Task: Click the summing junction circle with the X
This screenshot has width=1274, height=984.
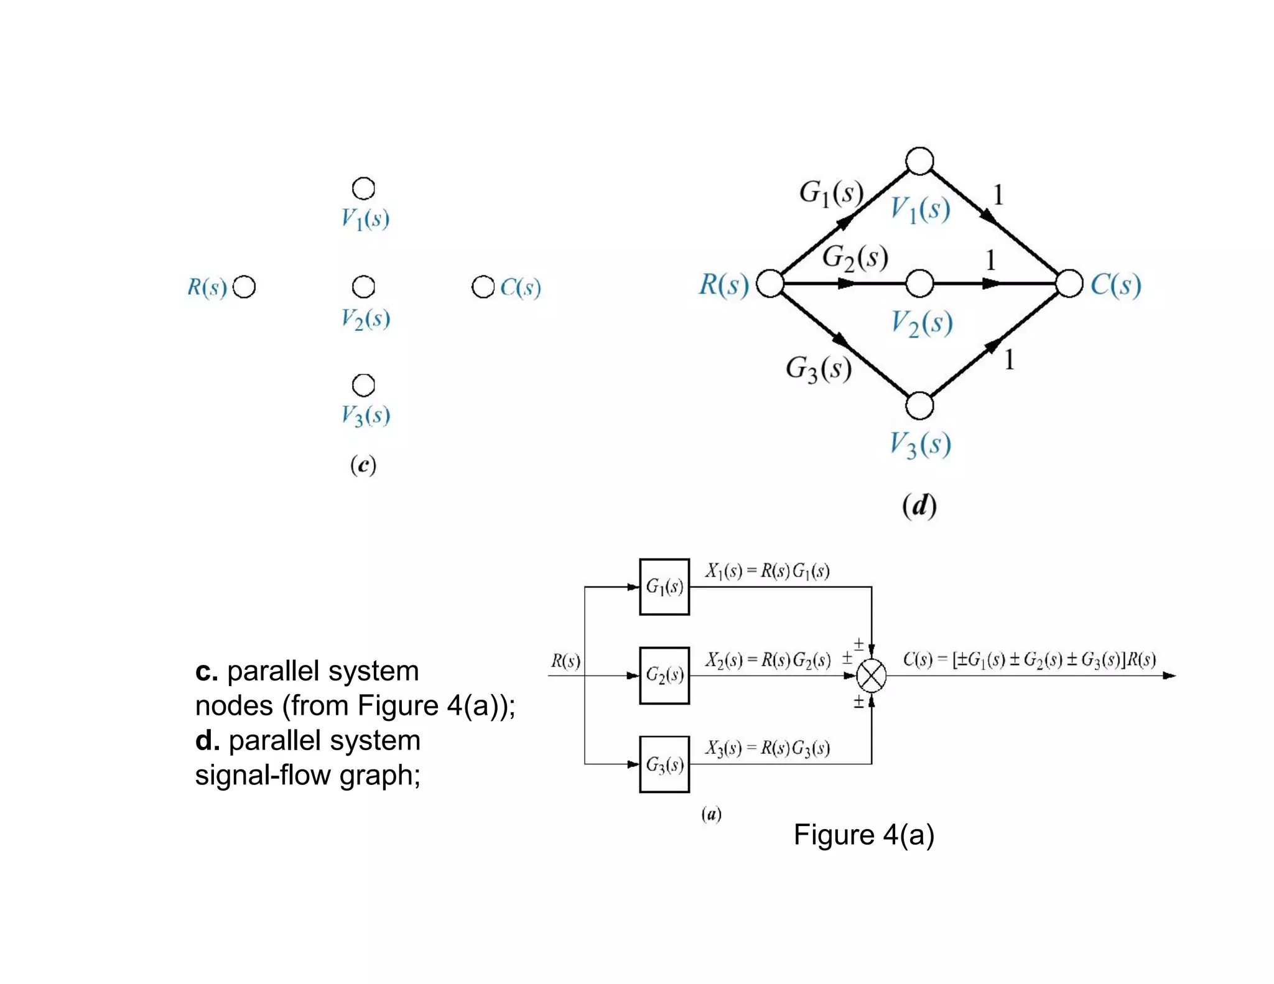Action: coord(871,675)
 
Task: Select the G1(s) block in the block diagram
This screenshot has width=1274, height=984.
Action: coord(664,587)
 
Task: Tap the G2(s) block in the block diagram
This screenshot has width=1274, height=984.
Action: coord(664,675)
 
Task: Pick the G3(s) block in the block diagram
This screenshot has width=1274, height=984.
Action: coord(664,764)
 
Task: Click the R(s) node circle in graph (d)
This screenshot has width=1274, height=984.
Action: coord(770,284)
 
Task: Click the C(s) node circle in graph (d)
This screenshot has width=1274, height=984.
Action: coord(1069,284)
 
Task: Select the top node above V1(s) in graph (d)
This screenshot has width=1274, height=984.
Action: coord(919,161)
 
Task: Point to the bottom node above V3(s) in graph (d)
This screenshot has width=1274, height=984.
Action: coord(919,406)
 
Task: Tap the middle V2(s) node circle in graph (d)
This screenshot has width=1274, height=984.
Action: coord(919,284)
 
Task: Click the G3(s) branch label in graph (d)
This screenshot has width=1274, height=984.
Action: coord(819,369)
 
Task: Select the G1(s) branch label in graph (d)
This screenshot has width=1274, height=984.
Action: coord(832,193)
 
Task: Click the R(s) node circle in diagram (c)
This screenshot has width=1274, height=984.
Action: coord(244,287)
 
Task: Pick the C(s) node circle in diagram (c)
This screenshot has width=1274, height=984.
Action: coord(483,287)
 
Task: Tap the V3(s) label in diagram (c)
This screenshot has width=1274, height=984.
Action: coord(365,415)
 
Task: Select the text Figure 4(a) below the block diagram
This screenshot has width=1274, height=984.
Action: coord(863,835)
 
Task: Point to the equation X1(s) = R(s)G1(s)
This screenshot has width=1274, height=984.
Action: coord(767,571)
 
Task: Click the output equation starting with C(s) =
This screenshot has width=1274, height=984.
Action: coord(1029,659)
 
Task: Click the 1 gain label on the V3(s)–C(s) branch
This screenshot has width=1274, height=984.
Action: coord(1009,360)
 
